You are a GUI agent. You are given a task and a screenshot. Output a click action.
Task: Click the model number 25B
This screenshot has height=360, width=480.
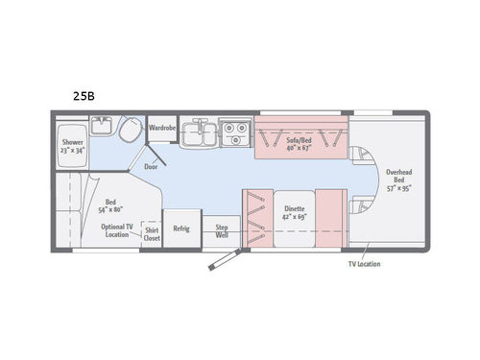[x=84, y=95]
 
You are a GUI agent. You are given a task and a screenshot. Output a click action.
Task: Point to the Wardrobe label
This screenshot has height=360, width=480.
[x=161, y=128]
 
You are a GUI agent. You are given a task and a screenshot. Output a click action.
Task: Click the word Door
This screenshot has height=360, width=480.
[x=151, y=165]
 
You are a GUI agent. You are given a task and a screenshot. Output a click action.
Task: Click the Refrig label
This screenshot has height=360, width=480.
[x=180, y=228]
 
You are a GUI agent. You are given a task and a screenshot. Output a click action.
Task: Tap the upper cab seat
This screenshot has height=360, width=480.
[x=361, y=159]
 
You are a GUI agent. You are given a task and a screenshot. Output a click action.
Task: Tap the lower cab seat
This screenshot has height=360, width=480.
[x=361, y=205]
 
